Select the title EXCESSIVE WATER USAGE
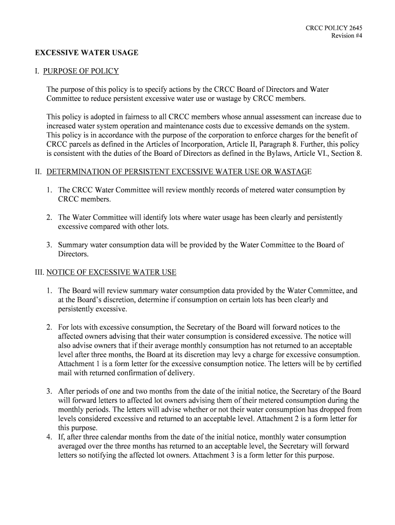click(x=87, y=53)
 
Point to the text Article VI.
click(x=291, y=153)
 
